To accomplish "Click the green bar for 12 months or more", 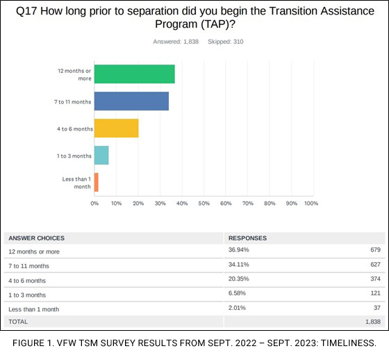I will (x=134, y=74).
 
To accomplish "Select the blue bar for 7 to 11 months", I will (x=131, y=101).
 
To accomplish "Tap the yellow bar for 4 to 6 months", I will (x=116, y=128).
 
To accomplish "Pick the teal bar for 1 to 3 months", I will (x=101, y=155).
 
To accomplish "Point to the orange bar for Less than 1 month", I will (x=97, y=182).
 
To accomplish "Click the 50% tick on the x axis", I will (x=204, y=204).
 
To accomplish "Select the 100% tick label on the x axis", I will (x=311, y=204).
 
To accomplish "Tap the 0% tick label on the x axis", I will (x=94, y=204).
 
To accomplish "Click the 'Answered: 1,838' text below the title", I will (x=177, y=42).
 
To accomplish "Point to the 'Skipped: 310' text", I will (x=224, y=42).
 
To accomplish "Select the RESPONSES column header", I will (x=247, y=238).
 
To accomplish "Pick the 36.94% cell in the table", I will (x=239, y=249).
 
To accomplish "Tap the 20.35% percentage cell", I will (x=239, y=279).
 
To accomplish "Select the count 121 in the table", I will (x=373, y=294).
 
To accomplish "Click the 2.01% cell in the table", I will (x=238, y=308).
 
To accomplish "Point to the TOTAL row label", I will (x=18, y=322).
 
